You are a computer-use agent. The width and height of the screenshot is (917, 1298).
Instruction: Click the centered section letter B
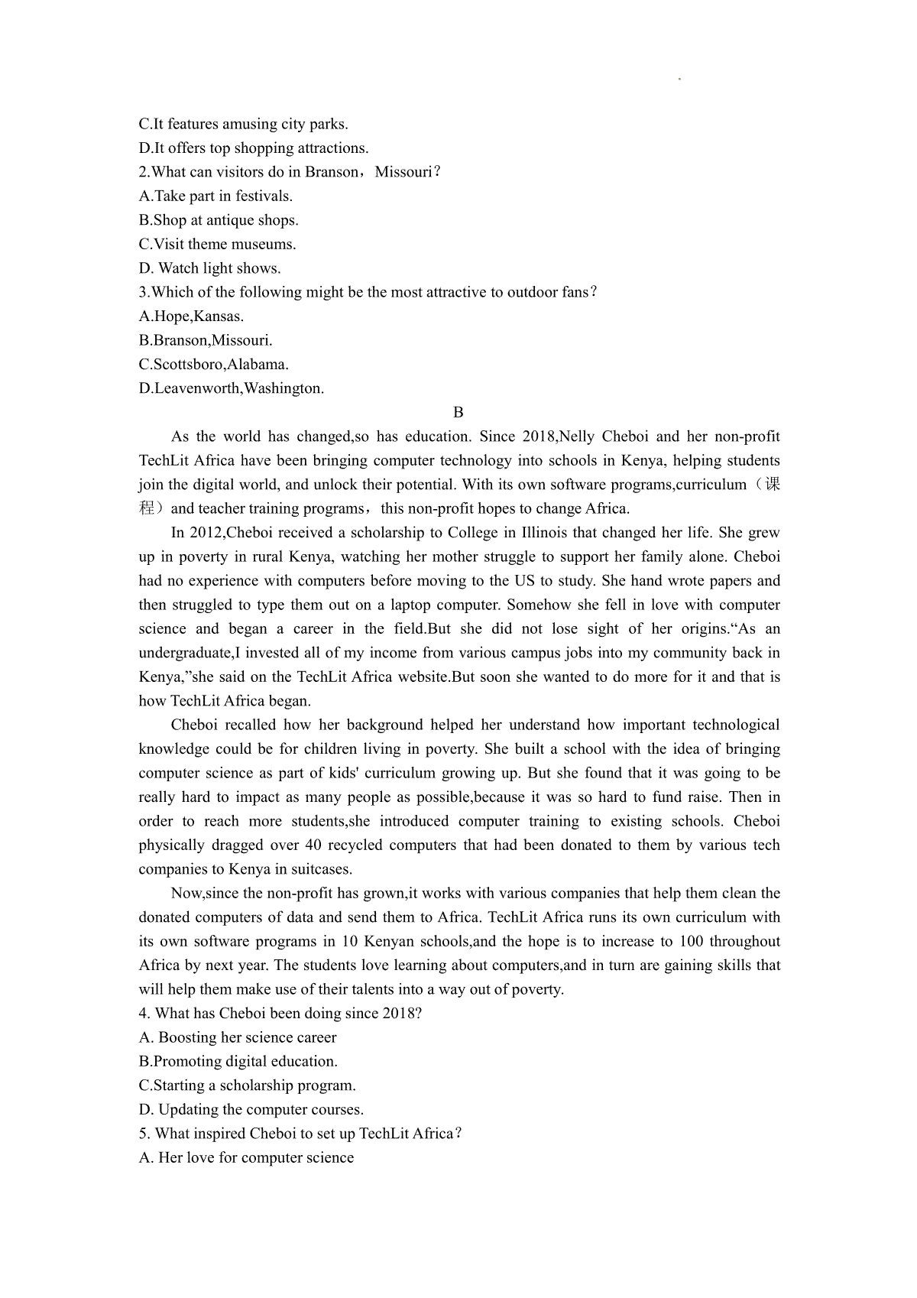coord(458,413)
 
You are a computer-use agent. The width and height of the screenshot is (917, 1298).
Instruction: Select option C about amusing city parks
coord(243,124)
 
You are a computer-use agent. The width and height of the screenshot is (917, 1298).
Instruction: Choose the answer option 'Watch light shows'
coord(209,268)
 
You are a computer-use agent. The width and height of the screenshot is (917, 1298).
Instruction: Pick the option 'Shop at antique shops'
coord(219,220)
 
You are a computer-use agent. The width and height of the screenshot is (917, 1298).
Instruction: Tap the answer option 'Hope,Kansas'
coord(191,316)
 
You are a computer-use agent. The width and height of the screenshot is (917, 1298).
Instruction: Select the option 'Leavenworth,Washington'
coord(232,388)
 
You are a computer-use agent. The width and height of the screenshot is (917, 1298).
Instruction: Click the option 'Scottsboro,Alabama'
coord(214,365)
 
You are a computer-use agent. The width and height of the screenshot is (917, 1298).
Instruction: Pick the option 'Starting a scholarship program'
coord(248,1085)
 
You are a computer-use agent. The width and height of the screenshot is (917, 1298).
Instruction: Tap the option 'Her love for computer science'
coord(246,1158)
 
